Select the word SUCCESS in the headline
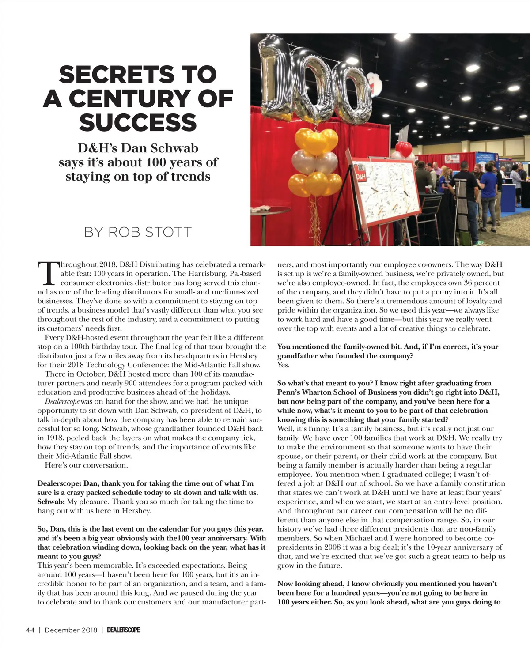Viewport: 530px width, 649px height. (138, 122)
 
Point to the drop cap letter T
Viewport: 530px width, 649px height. (47, 274)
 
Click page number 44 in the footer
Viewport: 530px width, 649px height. (30, 630)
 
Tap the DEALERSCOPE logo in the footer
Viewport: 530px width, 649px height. (123, 630)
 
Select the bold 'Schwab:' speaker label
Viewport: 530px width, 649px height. (51, 502)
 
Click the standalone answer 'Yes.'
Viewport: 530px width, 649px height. (284, 365)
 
